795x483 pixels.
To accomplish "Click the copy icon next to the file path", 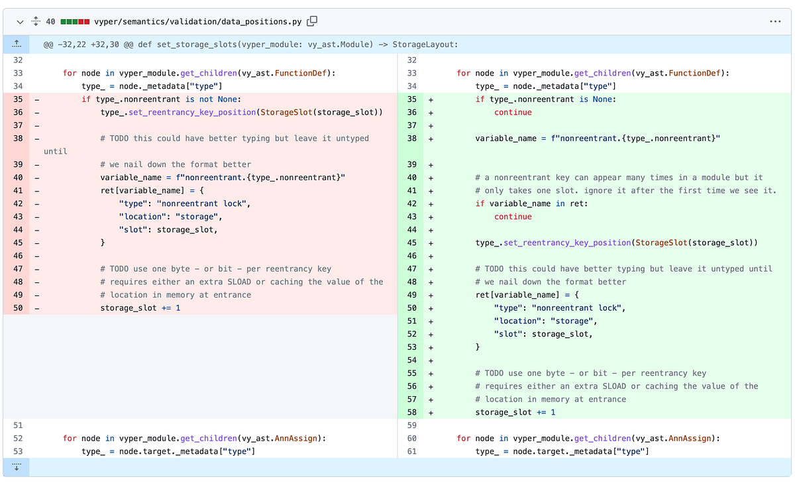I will tap(312, 21).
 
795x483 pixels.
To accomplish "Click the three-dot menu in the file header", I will tap(775, 21).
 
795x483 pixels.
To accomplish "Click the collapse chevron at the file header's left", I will tap(20, 22).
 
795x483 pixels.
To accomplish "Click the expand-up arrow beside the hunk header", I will tap(17, 44).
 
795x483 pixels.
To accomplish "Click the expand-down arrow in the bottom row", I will tap(17, 467).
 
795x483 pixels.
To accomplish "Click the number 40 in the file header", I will tap(50, 22).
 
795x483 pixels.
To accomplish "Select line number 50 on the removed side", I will tap(18, 308).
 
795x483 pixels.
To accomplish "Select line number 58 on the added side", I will tap(412, 412).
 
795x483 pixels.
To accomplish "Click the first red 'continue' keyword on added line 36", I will tap(513, 112).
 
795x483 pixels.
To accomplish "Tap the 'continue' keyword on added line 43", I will tap(513, 217).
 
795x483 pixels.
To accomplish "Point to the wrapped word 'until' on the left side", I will tap(56, 151).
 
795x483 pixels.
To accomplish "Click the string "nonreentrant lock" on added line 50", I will tap(578, 308).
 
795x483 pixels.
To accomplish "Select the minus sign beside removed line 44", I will tap(36, 230).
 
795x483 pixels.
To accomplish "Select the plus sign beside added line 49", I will tap(431, 295).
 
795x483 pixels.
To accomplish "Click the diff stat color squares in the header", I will tap(75, 22).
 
